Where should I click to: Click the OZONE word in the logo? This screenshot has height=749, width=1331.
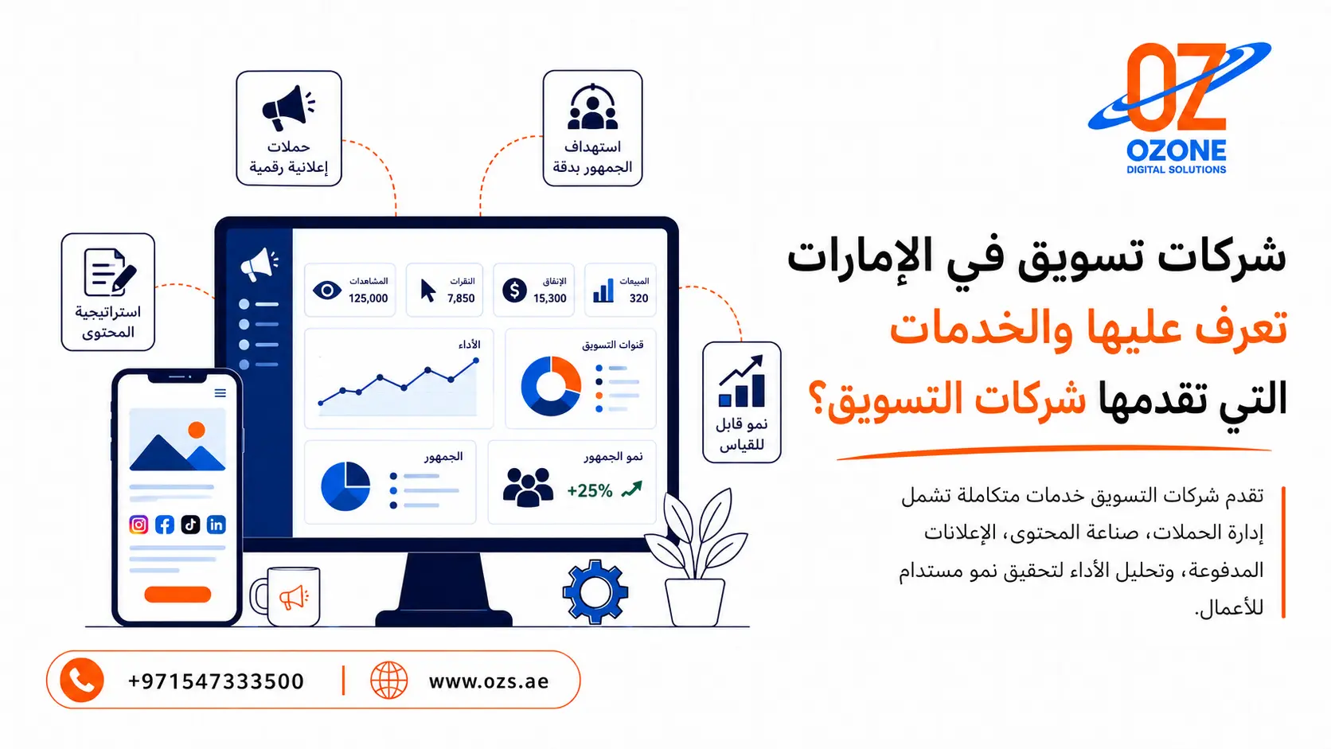click(1176, 151)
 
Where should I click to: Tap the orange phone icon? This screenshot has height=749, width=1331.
click(82, 680)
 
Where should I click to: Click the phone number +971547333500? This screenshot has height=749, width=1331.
click(216, 681)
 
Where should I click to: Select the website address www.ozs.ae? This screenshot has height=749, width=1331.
click(489, 681)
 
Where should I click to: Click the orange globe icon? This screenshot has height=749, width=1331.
click(388, 680)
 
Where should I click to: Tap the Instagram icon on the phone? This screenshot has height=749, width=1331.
click(139, 525)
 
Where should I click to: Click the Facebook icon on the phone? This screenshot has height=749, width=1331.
click(165, 525)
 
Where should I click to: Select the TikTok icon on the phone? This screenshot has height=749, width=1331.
click(190, 525)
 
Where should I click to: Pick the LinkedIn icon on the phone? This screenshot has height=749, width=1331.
click(217, 525)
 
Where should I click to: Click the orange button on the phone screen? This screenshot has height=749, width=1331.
click(178, 594)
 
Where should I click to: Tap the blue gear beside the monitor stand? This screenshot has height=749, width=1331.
click(595, 591)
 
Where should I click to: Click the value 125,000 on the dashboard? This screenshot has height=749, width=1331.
click(368, 298)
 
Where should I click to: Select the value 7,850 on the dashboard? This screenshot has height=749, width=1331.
click(461, 298)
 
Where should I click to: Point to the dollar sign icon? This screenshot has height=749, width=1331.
click(514, 290)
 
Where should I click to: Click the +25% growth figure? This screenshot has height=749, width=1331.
click(589, 490)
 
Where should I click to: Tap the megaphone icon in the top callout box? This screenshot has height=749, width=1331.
click(288, 107)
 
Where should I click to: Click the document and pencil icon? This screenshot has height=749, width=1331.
click(110, 272)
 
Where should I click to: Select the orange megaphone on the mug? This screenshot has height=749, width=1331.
click(294, 597)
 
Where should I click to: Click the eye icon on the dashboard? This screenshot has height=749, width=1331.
click(327, 290)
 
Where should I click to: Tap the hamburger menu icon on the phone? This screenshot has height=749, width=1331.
click(220, 393)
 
